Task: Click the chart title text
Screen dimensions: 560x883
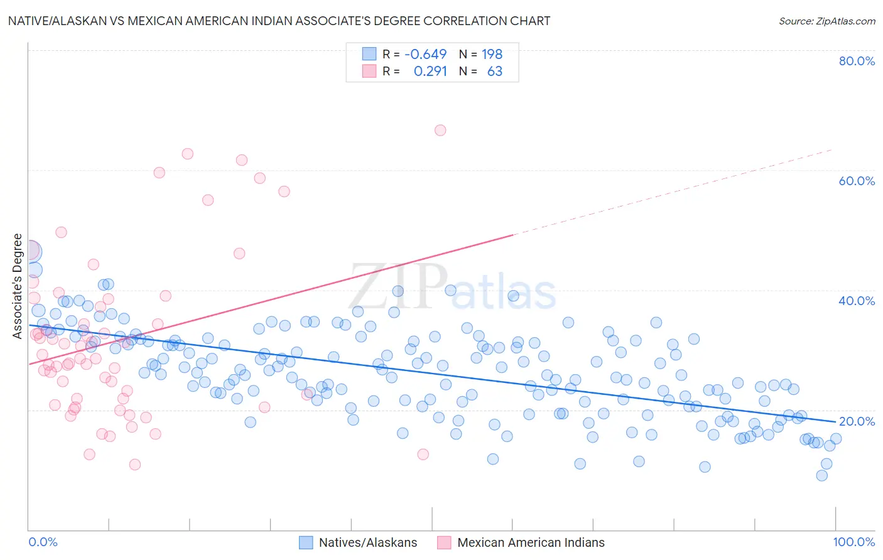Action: point(279,21)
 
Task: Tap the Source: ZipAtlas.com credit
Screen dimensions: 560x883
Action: point(826,21)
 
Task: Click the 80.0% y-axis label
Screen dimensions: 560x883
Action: point(857,61)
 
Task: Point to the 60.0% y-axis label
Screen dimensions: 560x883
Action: point(857,181)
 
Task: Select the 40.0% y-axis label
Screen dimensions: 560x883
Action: point(857,301)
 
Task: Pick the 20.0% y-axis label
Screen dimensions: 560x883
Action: point(857,421)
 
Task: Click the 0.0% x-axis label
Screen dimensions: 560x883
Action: point(43,542)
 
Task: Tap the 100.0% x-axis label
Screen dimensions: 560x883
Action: point(853,542)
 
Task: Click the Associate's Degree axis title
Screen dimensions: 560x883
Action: point(18,286)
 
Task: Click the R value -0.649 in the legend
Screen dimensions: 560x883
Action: point(425,54)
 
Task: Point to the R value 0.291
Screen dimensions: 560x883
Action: point(430,72)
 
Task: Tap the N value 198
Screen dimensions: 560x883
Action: point(492,54)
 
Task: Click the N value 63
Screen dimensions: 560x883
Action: point(494,72)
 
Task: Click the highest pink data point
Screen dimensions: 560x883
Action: point(440,131)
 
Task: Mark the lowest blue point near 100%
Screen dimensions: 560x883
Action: point(821,475)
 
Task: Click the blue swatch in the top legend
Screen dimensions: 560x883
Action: point(369,54)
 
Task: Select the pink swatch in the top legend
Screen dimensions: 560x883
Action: point(369,72)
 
